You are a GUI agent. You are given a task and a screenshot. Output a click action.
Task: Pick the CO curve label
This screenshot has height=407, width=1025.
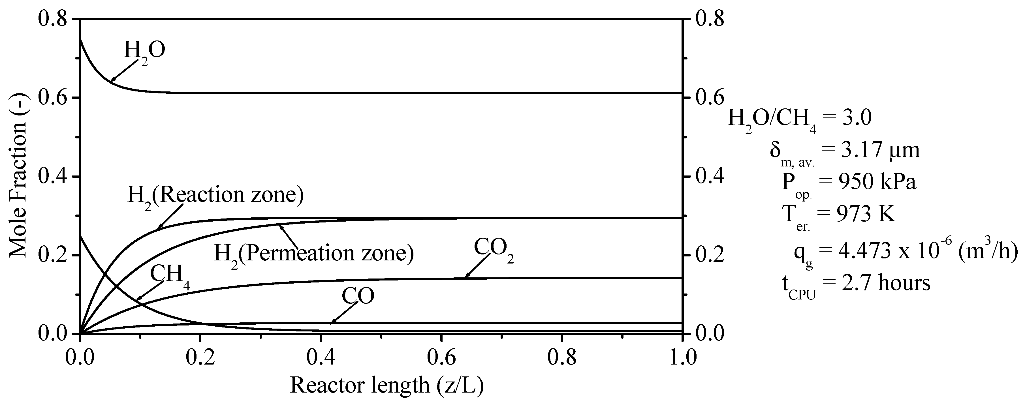coord(358,296)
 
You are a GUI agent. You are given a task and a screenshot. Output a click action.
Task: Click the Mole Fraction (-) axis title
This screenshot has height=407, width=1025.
coord(18,175)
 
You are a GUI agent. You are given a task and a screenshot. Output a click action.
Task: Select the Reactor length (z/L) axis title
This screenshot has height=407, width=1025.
coord(387,385)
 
